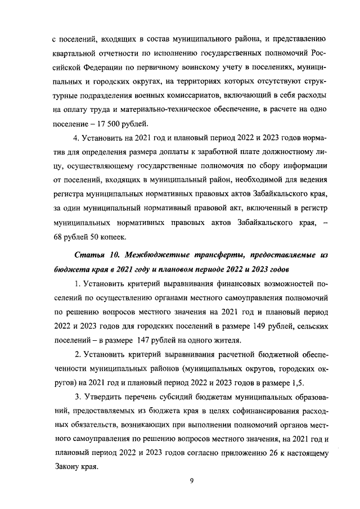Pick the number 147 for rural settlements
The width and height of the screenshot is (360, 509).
(x=142, y=340)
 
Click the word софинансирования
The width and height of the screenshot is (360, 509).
(x=257, y=412)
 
